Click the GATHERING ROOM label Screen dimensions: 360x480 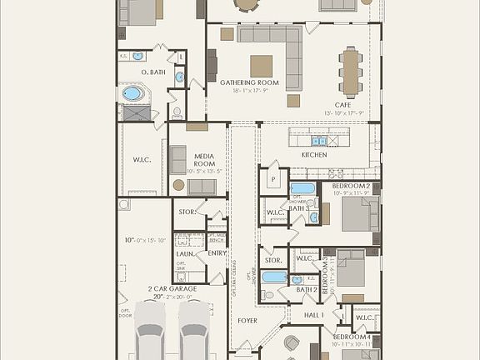click(242, 83)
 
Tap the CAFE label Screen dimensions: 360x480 click(342, 105)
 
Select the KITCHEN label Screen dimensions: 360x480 click(314, 155)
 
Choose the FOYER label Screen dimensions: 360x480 click(246, 320)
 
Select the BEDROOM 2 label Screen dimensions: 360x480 click(351, 185)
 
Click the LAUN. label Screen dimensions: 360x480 click(184, 253)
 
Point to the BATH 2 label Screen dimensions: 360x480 click(306, 290)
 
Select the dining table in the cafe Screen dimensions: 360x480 click(350, 69)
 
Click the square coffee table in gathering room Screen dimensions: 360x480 click(261, 66)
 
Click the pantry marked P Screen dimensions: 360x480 click(272, 180)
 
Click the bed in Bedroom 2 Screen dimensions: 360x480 click(359, 212)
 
